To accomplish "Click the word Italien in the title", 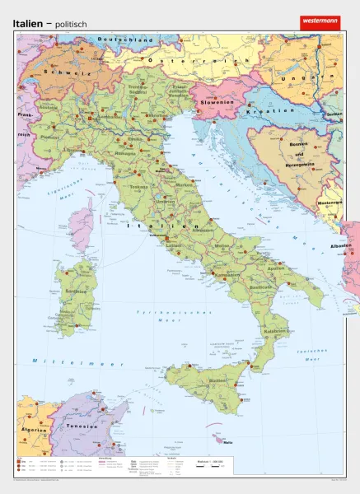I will [x=30, y=24].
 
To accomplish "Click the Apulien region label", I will [x=274, y=268].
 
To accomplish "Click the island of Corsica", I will [x=82, y=221].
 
